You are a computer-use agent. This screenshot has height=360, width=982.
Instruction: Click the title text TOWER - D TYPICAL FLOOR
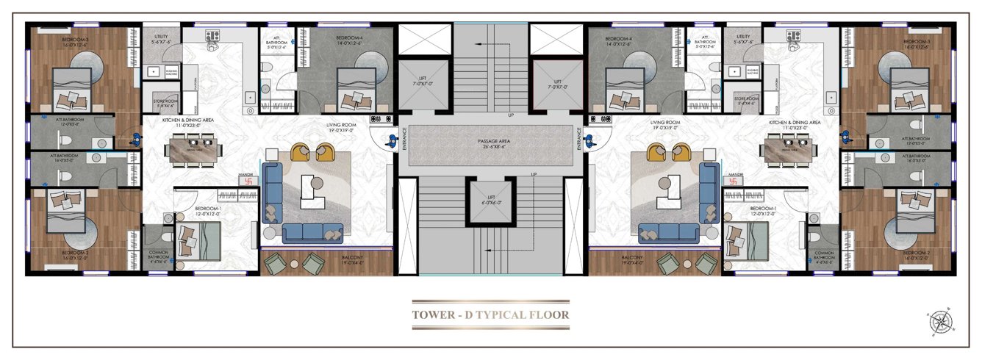point(490,315)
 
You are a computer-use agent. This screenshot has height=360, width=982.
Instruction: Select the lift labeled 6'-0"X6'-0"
point(490,202)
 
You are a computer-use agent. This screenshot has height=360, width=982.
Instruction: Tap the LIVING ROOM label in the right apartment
point(663,126)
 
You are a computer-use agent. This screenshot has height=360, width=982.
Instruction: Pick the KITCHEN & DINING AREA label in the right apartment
point(795,123)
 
